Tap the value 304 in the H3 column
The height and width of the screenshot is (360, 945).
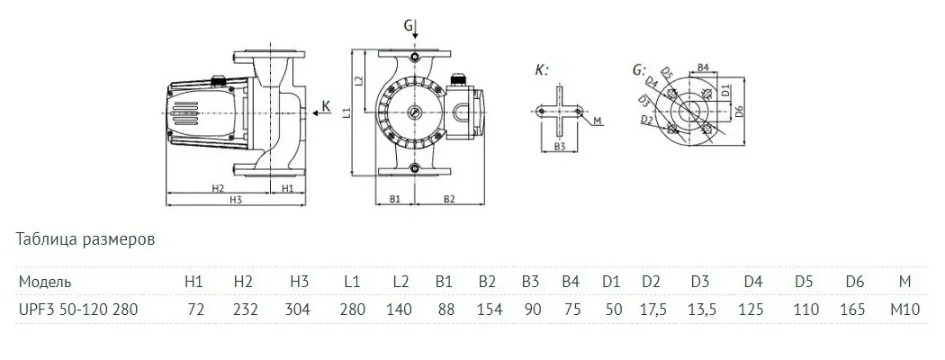299,309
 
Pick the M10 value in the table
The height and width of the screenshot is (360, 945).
904,309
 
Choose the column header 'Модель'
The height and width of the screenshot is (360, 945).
41,282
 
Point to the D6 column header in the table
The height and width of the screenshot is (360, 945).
854,282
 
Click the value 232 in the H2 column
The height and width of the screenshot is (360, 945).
245,309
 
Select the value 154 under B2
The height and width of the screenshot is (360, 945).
487,309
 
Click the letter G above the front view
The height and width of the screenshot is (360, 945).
408,25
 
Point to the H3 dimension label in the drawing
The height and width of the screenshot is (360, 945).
236,200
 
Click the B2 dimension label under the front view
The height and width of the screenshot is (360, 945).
450,198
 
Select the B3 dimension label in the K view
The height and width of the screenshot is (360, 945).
560,146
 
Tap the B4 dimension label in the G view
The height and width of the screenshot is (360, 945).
706,67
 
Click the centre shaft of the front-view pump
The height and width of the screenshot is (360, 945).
413,112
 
